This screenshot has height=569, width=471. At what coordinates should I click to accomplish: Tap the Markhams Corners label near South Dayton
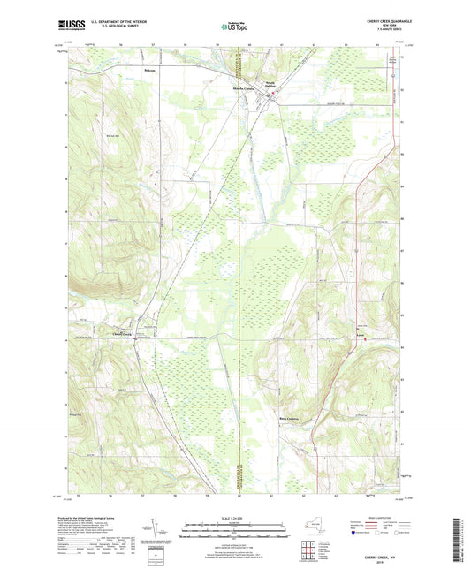pos(244,89)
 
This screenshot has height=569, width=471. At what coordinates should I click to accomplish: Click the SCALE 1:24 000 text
pos(235,506)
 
